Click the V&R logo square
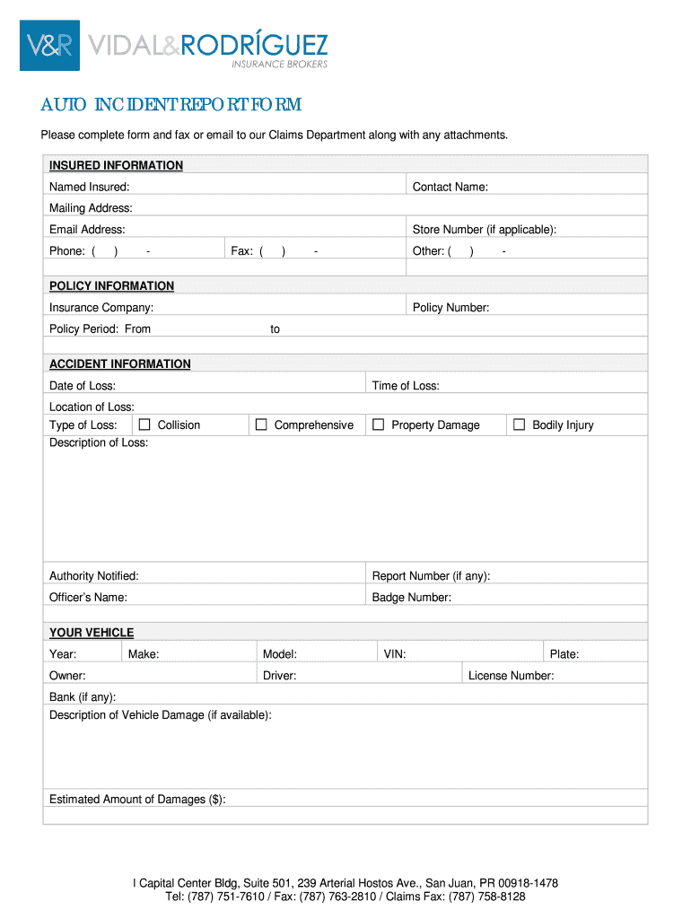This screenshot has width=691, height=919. pos(49,46)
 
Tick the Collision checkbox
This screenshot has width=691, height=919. pos(144,424)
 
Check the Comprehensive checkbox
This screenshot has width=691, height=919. pos(261,424)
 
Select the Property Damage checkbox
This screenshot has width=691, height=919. pos(378,424)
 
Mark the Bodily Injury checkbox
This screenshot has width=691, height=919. pos(519,424)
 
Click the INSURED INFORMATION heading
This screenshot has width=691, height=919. pos(116,165)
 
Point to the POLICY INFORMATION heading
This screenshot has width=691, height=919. pos(111,285)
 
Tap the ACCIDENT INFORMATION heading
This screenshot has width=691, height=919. pos(119,363)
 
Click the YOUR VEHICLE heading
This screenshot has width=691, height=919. pos(92,633)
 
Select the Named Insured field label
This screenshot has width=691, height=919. pos(89,187)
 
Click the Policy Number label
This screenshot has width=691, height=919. pos(450,308)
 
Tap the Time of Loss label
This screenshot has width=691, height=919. pos(406,386)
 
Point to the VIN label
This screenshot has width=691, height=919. pos(395,654)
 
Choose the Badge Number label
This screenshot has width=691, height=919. pos(411,598)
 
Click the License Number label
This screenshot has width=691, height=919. pos(511,676)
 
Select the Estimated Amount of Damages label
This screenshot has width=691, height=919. pos(137,799)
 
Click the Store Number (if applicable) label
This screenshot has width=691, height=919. pos(484,230)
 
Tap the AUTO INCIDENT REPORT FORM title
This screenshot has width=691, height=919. pos(171,106)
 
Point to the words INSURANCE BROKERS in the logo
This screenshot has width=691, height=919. pos(280,65)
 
